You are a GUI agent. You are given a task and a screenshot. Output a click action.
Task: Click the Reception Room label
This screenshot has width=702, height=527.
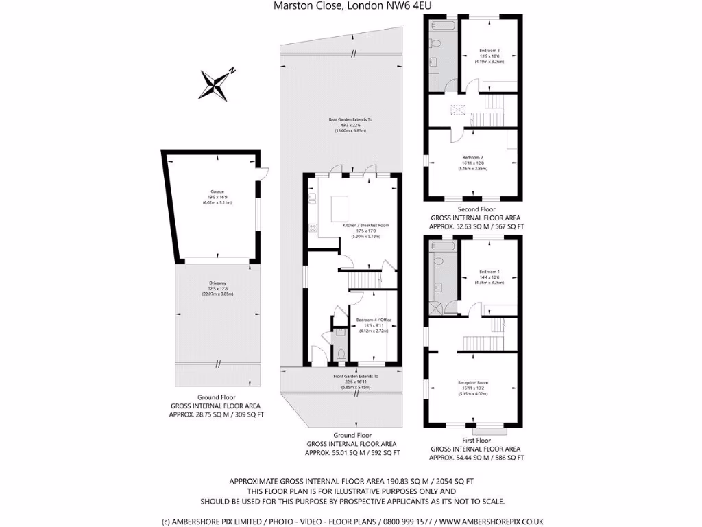click(x=473, y=382)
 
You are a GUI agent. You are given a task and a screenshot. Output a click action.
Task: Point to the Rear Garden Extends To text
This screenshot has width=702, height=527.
click(x=350, y=120)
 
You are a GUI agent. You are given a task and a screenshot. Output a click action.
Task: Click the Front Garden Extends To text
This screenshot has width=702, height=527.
click(x=351, y=377)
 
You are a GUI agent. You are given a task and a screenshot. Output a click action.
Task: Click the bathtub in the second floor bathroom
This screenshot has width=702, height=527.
click(x=441, y=26)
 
